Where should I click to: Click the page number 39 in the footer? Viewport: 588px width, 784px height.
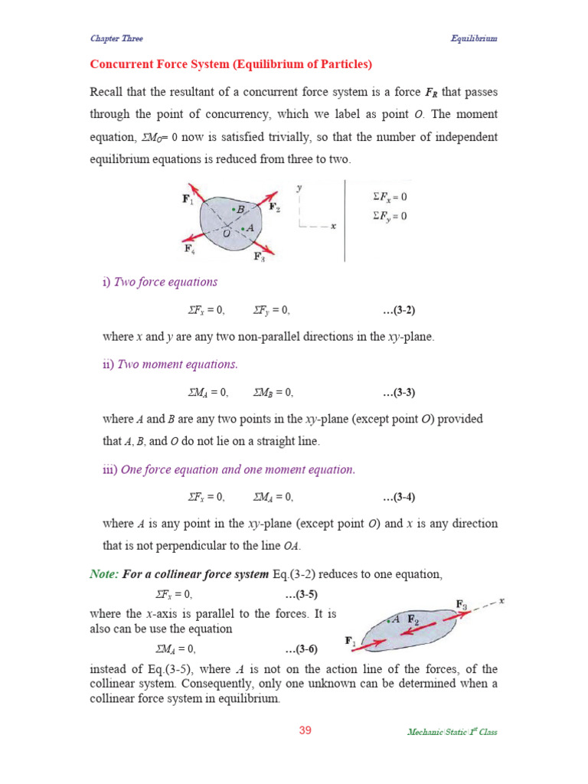coord(305,730)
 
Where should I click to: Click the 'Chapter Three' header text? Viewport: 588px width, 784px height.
coord(116,38)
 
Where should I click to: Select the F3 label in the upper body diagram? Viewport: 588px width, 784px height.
coord(260,257)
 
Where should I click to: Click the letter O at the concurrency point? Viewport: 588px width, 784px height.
coord(226,233)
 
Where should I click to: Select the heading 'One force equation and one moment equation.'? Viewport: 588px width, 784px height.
coord(235,469)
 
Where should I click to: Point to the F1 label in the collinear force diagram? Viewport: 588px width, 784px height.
coord(350,640)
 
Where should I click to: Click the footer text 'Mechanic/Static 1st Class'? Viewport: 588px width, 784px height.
coord(452,732)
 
